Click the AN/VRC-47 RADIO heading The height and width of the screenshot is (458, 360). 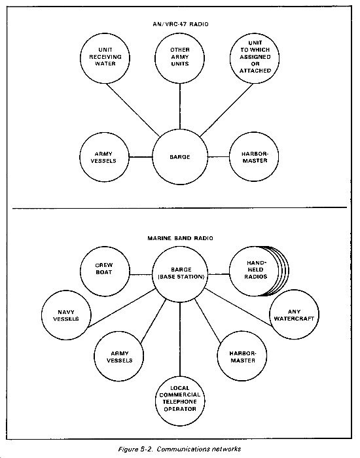pos(181,24)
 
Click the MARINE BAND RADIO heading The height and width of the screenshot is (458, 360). pos(180,238)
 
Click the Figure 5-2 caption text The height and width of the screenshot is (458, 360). pos(180,449)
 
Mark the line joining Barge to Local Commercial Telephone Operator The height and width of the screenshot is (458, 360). pos(180,339)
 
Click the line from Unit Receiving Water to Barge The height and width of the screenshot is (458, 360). pos(133,110)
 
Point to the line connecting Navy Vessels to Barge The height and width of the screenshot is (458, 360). pos(121,308)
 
